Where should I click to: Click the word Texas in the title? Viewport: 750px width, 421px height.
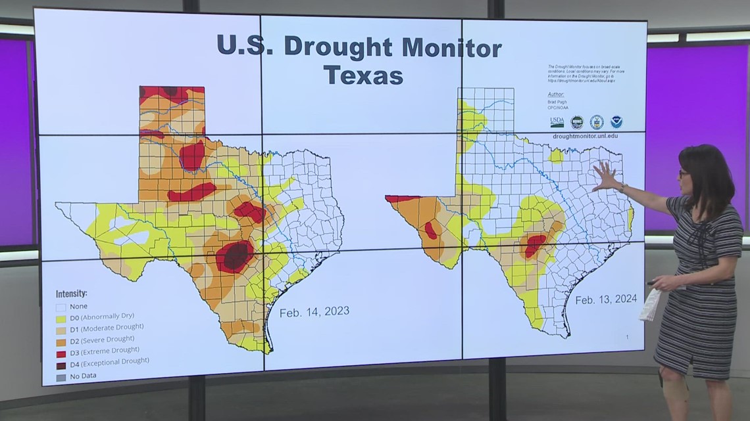tap(363, 74)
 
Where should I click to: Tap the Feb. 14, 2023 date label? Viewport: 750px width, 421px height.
tap(314, 311)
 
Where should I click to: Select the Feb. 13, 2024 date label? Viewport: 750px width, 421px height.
tap(606, 299)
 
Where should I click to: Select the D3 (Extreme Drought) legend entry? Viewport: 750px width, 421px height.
tap(103, 350)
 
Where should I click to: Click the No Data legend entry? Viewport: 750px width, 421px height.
tap(80, 377)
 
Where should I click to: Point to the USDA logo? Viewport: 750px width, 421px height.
tap(557, 122)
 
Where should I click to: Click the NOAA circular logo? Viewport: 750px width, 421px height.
tap(616, 122)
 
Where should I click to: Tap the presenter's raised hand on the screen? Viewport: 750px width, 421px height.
tap(605, 176)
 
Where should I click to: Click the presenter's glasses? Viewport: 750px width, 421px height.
tap(684, 173)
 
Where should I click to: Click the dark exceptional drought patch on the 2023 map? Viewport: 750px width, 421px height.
tap(234, 256)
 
